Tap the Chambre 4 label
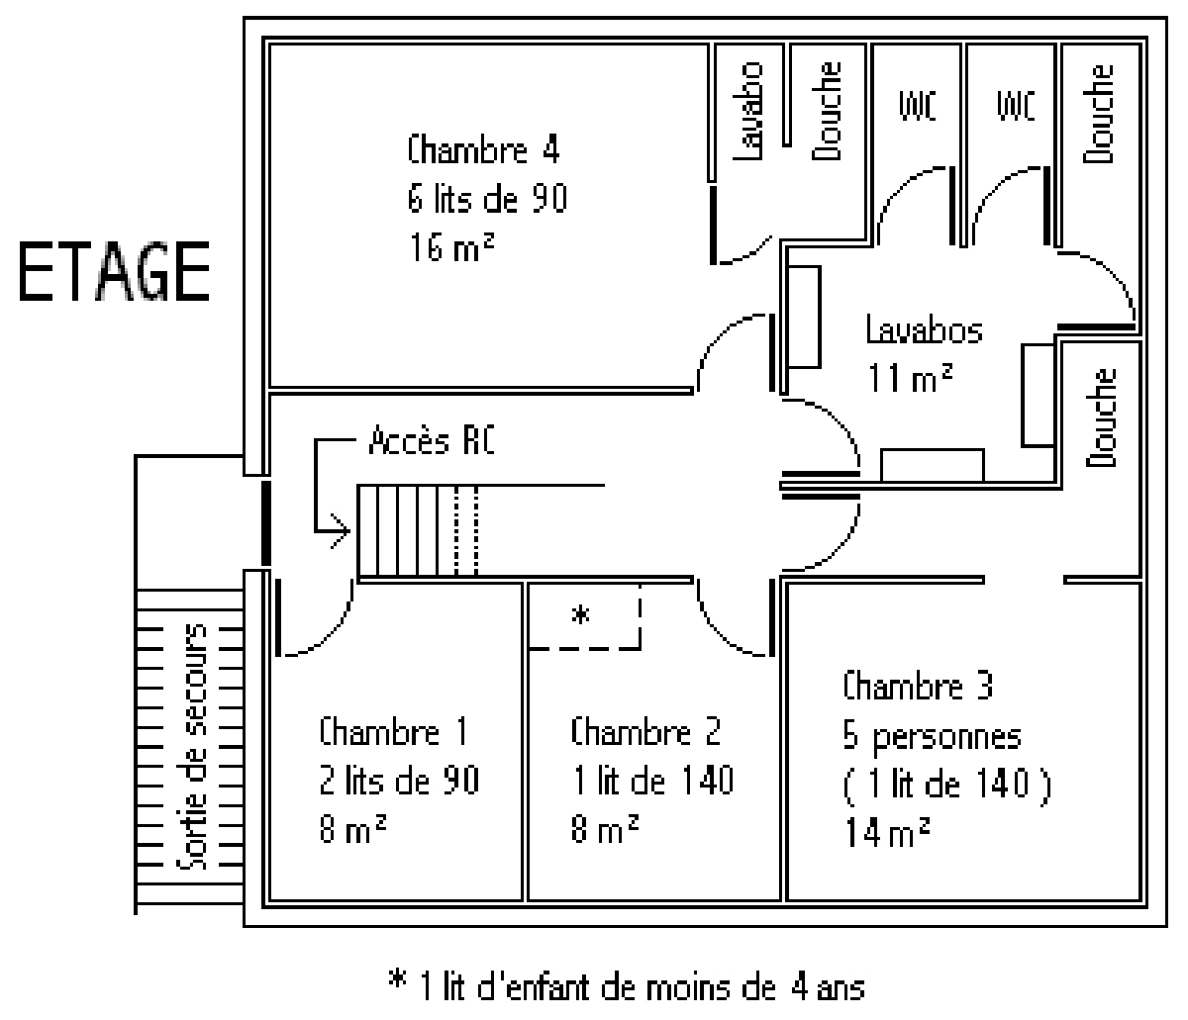(483, 151)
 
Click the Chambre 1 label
(393, 733)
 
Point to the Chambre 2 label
(645, 733)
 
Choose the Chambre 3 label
(917, 686)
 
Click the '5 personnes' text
(932, 737)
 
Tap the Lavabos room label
(924, 329)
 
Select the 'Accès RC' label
(432, 441)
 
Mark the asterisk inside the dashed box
(582, 615)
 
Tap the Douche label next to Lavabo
(827, 111)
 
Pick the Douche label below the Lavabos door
(1101, 417)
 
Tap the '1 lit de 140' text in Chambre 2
(653, 781)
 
